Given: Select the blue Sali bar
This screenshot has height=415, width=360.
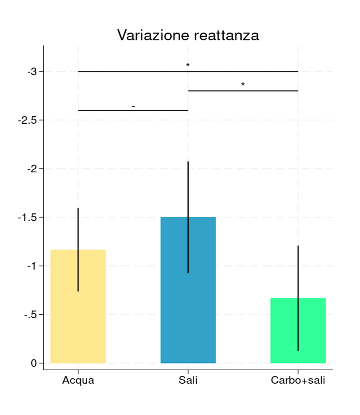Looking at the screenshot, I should coord(188,304).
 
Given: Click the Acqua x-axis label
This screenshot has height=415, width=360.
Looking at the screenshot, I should coord(78,381).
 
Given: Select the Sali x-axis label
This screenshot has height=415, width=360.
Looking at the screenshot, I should coord(188,381).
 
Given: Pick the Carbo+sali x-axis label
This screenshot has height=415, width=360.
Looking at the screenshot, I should coord(298,381).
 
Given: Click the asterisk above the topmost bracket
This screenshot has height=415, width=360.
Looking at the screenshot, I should coord(188,65).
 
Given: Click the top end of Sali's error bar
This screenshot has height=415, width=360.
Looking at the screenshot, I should coord(188,162).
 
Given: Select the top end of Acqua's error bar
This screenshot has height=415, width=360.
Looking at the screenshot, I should coord(78,209).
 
